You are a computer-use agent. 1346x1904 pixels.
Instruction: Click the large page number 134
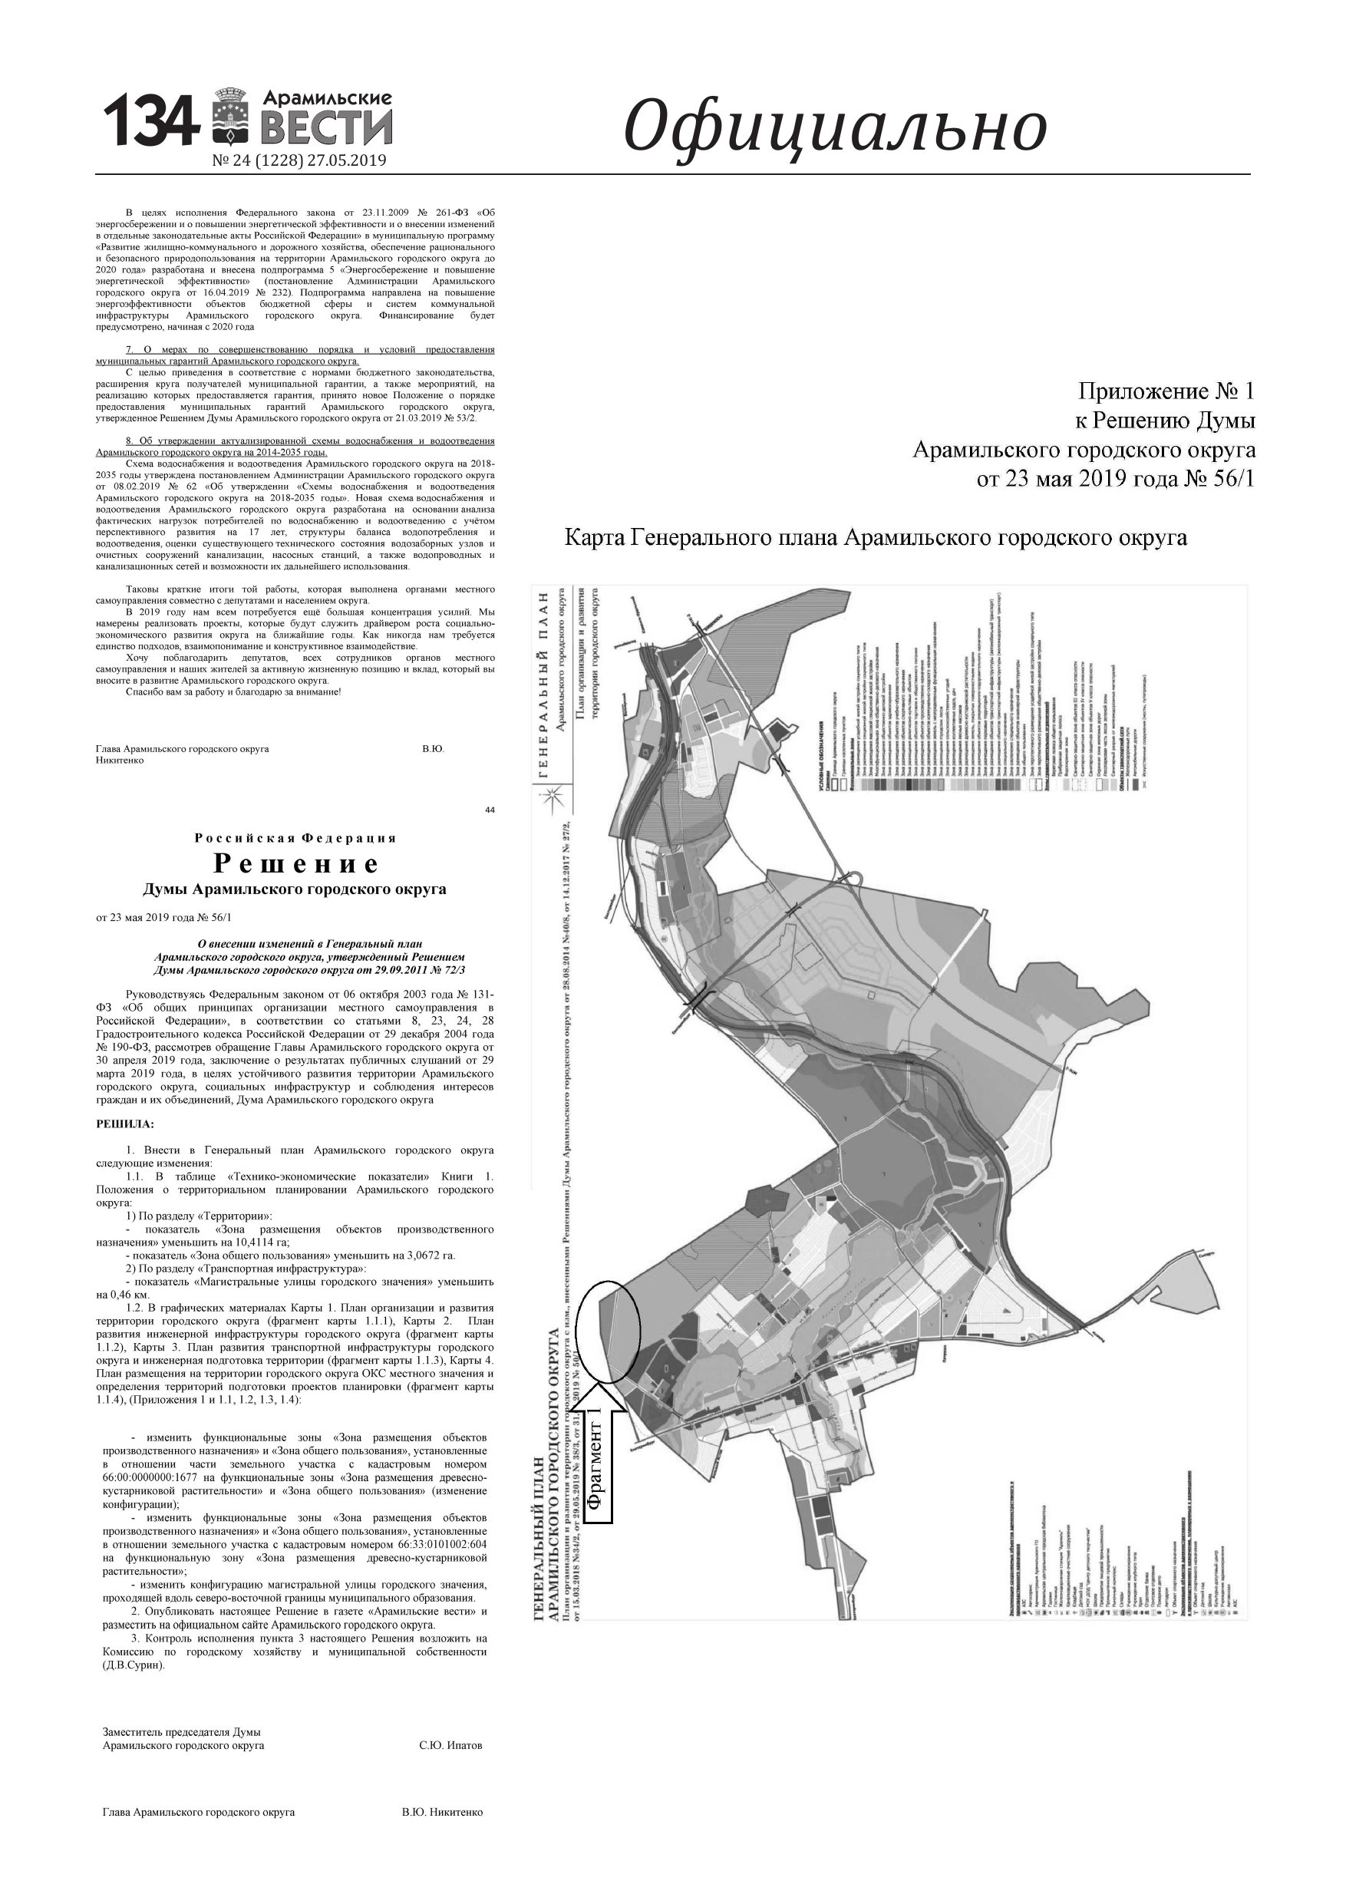(x=150, y=121)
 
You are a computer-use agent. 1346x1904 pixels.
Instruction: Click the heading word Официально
(x=834, y=127)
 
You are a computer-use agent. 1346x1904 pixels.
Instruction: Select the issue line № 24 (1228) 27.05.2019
(x=299, y=161)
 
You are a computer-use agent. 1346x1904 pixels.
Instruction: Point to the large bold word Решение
(x=296, y=863)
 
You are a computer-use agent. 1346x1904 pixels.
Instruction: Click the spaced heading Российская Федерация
(x=296, y=838)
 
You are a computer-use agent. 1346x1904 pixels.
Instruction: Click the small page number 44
(x=490, y=810)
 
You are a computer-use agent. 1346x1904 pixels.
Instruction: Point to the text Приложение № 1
(x=1166, y=391)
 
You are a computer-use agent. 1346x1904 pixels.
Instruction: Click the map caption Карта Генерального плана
(x=875, y=538)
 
